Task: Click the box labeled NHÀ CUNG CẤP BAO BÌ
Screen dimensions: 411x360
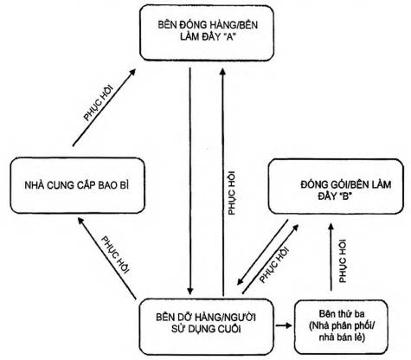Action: [77, 186]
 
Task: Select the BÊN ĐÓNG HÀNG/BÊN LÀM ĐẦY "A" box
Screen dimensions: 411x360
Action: [207, 33]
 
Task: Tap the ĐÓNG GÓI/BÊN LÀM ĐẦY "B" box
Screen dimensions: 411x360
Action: [336, 187]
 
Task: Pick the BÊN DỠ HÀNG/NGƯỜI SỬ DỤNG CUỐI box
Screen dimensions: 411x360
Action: [206, 327]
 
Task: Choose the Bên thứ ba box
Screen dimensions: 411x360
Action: [341, 327]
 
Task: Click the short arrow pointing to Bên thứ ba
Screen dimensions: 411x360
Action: [284, 325]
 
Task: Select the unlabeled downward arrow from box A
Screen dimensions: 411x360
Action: [189, 181]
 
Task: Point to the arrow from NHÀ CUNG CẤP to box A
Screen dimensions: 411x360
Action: [104, 107]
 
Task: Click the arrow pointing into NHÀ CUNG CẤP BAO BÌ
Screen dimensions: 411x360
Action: [107, 258]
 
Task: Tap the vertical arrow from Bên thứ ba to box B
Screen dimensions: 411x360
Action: [331, 256]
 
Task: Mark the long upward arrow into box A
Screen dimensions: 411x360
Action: [222, 182]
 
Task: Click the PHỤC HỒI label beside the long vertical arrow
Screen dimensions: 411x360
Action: [232, 193]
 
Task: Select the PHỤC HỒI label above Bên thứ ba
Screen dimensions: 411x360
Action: [343, 261]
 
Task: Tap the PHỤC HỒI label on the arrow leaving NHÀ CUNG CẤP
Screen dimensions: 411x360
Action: [100, 103]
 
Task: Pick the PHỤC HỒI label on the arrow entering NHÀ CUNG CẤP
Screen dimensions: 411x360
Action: [115, 255]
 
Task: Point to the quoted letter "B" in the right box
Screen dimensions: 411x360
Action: [345, 196]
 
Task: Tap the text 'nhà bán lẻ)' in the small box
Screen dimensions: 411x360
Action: [342, 337]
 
